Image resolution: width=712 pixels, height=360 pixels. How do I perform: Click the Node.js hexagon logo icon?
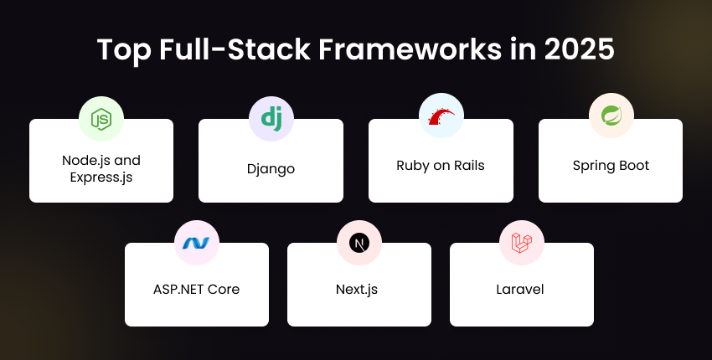101,119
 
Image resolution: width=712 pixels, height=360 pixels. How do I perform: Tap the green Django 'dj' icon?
271,119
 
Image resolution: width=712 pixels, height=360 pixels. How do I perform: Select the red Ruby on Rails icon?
441,119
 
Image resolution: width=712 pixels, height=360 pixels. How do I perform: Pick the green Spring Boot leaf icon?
611,119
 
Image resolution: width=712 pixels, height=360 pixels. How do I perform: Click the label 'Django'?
271,168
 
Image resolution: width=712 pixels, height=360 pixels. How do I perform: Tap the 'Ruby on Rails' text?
441,165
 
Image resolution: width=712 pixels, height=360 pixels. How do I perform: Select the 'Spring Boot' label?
611,165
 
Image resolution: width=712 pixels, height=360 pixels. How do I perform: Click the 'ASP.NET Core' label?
197,289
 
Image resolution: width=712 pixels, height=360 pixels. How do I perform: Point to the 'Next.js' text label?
359,289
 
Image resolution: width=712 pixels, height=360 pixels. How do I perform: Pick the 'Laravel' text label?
522,289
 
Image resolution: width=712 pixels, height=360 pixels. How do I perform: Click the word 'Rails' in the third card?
467,165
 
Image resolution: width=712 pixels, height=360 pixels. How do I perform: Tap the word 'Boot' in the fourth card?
633,165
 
